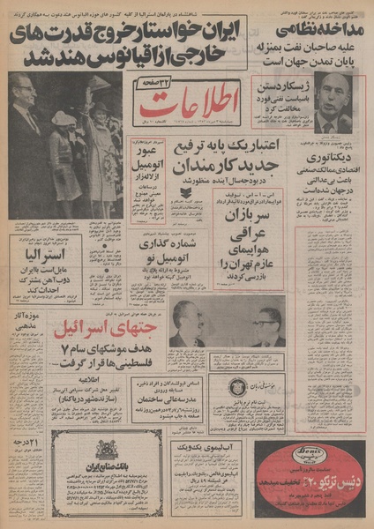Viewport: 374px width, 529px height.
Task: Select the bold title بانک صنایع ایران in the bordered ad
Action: pos(108,466)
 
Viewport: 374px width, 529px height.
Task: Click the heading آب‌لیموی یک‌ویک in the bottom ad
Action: pos(194,449)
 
